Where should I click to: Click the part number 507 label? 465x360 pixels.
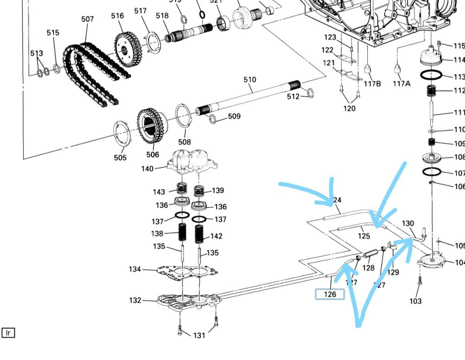(x=87, y=19)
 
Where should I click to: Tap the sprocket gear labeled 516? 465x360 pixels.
(x=128, y=50)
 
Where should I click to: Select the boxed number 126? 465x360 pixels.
(x=330, y=294)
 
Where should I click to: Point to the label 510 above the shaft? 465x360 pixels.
(x=250, y=80)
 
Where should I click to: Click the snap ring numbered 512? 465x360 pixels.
(x=309, y=94)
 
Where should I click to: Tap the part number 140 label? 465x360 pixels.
(x=147, y=169)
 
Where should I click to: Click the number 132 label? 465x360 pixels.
(x=135, y=300)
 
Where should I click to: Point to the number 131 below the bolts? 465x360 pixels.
(x=199, y=335)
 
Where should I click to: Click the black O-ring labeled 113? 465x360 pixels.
(x=431, y=75)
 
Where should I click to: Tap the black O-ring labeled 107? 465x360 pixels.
(x=432, y=172)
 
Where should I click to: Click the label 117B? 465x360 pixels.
(x=372, y=84)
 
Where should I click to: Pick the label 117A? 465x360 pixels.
(x=401, y=84)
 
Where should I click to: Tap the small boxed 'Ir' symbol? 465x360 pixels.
(x=8, y=332)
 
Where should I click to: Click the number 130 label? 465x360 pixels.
(x=408, y=223)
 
